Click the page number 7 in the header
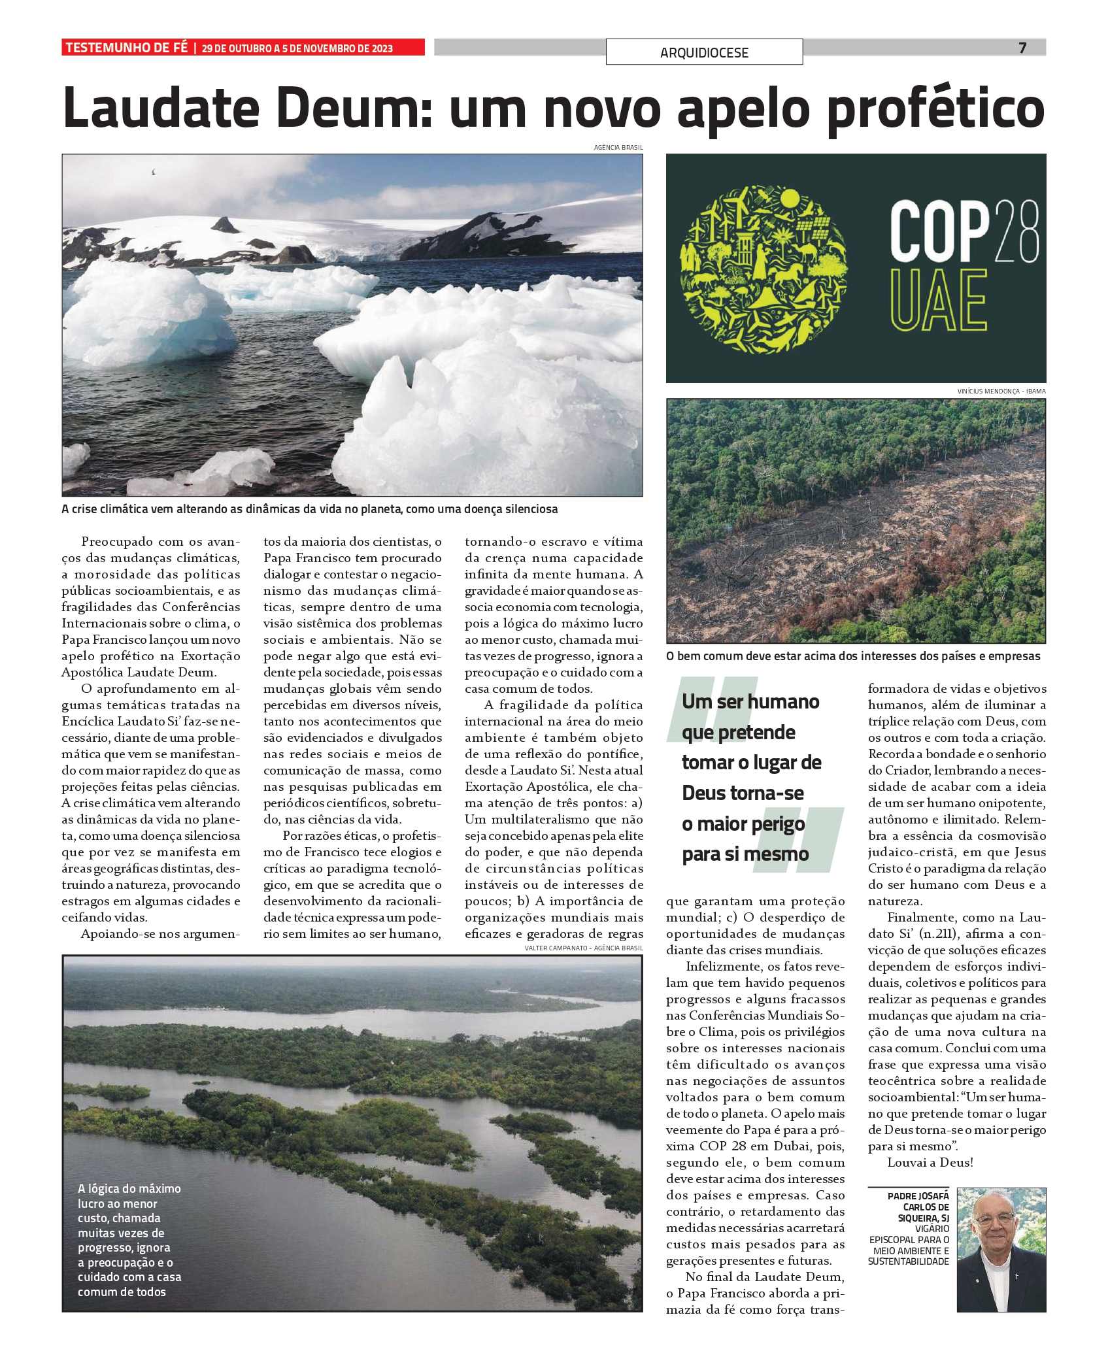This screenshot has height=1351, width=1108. (1022, 48)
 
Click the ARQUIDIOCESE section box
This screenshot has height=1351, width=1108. (704, 52)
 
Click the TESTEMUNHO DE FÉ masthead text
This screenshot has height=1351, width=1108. (126, 48)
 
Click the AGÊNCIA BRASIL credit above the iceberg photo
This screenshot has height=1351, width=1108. (618, 148)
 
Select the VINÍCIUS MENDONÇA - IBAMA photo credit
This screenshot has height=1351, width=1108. (1001, 391)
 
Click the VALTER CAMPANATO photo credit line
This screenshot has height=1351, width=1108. (583, 948)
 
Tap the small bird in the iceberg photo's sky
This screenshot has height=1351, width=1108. (154, 173)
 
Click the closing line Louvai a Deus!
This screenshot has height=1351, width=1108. (930, 1163)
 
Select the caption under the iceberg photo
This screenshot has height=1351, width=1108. (309, 509)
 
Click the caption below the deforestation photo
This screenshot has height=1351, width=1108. (852, 656)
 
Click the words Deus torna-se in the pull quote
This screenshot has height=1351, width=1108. (743, 793)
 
